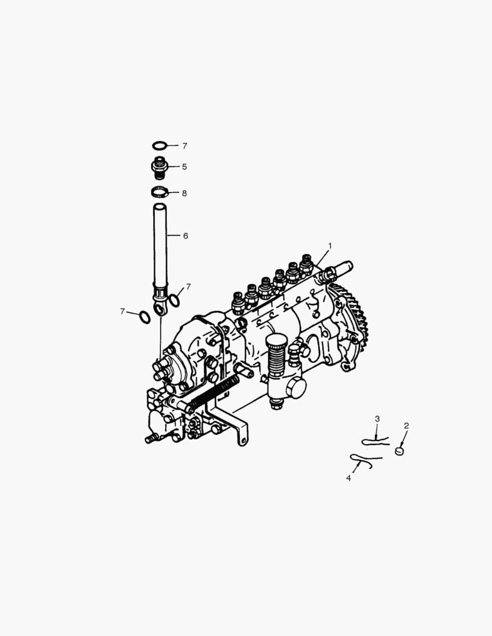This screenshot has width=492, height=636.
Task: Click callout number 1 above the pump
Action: (x=330, y=245)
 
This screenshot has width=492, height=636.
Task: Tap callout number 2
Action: (x=406, y=425)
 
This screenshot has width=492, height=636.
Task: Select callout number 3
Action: (x=378, y=419)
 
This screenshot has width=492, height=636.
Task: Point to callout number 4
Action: (x=348, y=478)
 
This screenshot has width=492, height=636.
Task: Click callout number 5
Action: (x=184, y=167)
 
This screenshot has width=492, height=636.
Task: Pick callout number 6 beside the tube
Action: (x=185, y=236)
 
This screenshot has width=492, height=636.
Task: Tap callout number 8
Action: (x=184, y=193)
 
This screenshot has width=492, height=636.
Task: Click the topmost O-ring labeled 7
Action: (x=160, y=145)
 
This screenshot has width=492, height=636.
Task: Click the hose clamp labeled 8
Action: (x=160, y=192)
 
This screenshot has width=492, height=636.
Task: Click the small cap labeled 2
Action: (x=400, y=451)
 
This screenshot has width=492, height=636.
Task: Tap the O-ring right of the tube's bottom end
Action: (x=175, y=301)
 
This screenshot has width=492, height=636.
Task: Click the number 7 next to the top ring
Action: (x=184, y=145)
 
